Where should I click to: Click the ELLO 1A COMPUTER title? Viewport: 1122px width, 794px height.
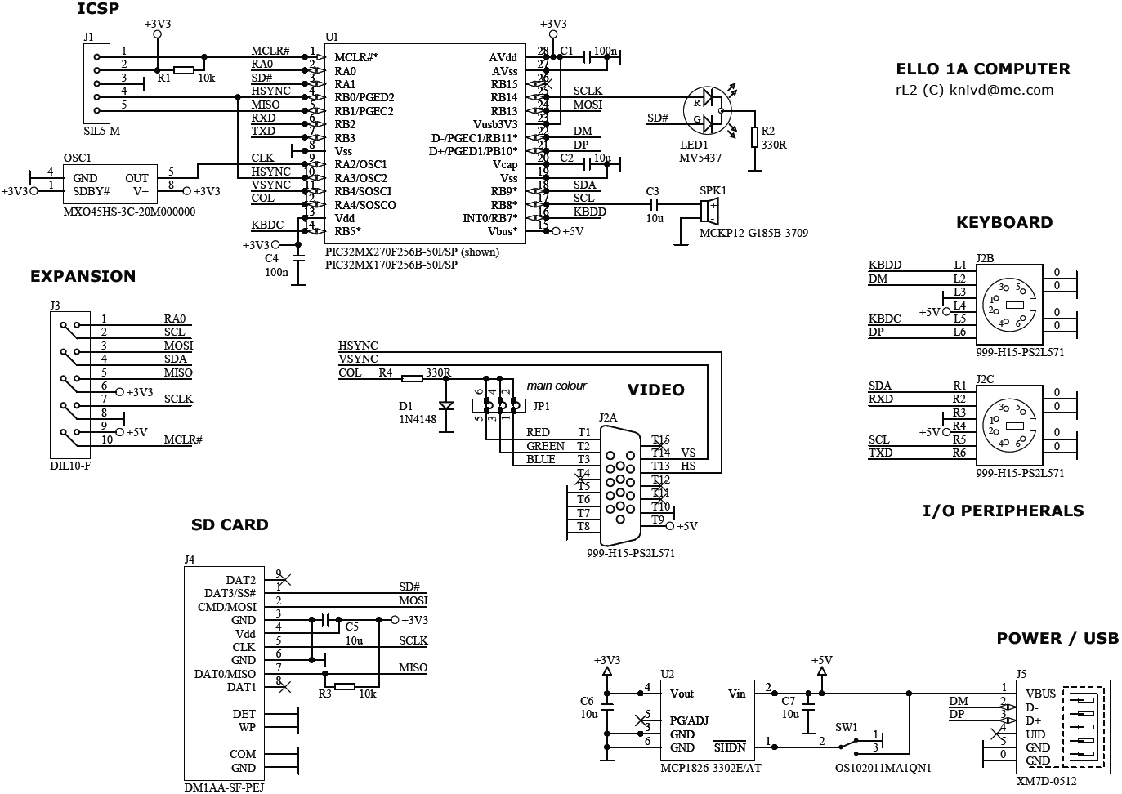[983, 69]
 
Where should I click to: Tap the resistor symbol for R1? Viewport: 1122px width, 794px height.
[184, 70]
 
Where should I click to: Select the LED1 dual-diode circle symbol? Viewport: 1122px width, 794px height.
[707, 110]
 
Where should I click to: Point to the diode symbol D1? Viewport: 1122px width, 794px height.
[446, 405]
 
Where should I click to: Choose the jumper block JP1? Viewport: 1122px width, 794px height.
[499, 405]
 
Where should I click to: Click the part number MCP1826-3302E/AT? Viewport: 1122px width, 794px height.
[711, 768]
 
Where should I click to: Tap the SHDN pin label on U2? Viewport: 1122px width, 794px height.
[730, 747]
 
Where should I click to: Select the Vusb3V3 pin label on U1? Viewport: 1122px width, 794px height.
[495, 124]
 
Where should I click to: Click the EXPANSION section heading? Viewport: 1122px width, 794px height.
[83, 276]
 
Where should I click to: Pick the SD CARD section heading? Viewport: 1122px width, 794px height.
[230, 524]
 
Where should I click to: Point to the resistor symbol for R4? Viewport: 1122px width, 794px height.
[412, 378]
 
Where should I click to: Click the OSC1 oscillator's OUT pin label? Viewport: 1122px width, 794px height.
[136, 178]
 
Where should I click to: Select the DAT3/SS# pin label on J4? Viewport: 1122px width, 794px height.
[230, 593]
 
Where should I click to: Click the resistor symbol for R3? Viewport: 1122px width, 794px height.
[345, 686]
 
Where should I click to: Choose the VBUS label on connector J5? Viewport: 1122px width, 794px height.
[1040, 694]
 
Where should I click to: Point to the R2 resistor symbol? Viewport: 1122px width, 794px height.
[754, 137]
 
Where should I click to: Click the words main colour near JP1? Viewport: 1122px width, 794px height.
[557, 386]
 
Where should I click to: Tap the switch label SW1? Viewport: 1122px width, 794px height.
[847, 727]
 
